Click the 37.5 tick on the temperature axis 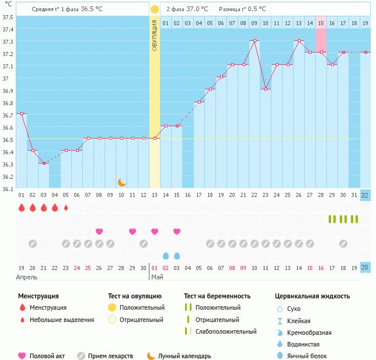[8, 17]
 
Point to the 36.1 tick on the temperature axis [8, 189]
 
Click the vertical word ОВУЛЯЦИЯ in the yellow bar [155, 35]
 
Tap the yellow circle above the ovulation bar [155, 9]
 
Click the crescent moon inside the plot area [122, 182]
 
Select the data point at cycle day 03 [44, 163]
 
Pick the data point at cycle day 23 [266, 89]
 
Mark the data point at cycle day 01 [22, 114]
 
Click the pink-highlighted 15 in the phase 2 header [321, 22]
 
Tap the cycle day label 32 [365, 195]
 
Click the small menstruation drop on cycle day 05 [66, 207]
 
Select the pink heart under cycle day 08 [99, 231]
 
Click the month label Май [156, 277]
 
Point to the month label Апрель [27, 277]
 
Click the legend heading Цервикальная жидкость [312, 296]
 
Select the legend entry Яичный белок [310, 356]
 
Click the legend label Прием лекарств [113, 356]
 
